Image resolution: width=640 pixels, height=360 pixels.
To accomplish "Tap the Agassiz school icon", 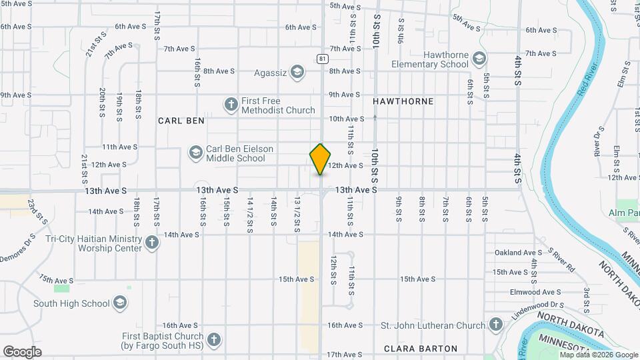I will (297, 71).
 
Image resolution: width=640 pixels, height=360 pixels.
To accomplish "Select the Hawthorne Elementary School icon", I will (479, 59).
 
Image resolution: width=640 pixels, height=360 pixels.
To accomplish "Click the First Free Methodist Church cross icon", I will (231, 105).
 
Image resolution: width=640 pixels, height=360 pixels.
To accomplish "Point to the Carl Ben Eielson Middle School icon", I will (195, 153).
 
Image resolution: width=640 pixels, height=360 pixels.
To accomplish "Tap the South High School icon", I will (120, 303).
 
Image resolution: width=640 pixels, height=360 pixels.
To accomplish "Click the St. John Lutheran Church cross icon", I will (495, 325).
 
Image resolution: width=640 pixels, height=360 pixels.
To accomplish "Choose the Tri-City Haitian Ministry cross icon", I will (152, 242).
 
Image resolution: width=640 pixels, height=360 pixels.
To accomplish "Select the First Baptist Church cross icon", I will (213, 340).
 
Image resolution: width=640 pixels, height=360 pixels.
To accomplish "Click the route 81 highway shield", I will (323, 59).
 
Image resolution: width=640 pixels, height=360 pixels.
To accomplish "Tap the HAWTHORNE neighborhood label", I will (403, 101).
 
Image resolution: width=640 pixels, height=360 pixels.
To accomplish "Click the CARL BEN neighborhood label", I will (181, 121).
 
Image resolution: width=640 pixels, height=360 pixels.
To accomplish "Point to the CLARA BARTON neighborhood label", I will (421, 349).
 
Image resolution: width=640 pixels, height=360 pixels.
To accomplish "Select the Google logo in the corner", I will (22, 352).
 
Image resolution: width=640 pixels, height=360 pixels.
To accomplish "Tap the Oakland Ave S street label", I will (519, 253).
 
